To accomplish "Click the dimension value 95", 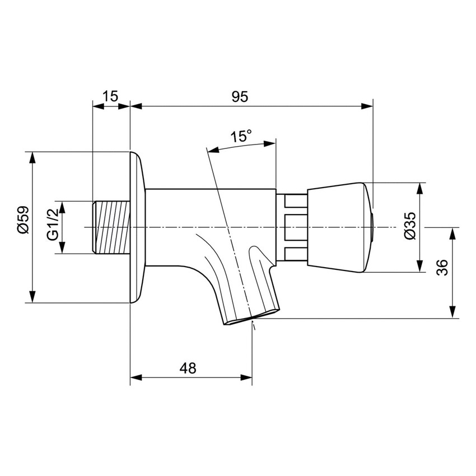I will (240, 96).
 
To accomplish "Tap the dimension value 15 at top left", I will (111, 96).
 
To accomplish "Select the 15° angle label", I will (241, 136).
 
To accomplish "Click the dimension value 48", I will (188, 368).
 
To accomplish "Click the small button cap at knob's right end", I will (372, 227).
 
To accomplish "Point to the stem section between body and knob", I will (292, 227).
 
